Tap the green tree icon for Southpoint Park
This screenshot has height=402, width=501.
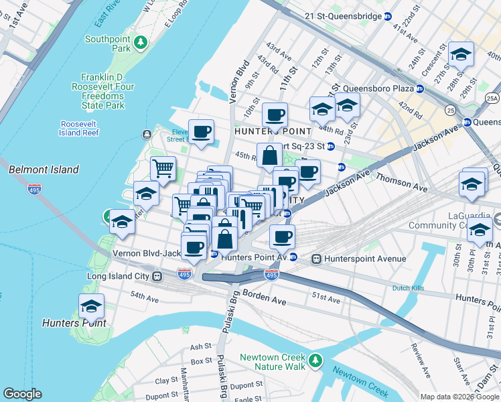[141, 44]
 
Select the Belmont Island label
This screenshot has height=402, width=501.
[44, 170]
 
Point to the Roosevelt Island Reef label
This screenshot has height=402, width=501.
[80, 129]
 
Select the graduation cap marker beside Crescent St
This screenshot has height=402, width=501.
[461, 54]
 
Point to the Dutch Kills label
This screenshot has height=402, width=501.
[409, 288]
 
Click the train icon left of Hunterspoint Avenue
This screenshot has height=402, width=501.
[316, 259]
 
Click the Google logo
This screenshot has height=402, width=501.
[22, 394]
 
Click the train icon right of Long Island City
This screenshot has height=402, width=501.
[157, 276]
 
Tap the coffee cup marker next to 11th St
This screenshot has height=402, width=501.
[275, 115]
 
